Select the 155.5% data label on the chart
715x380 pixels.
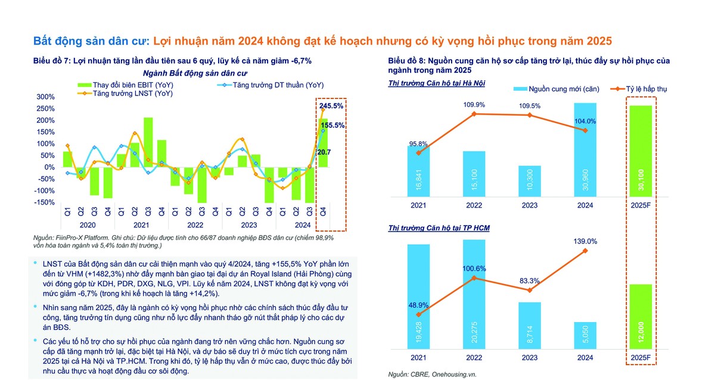click(x=333, y=125)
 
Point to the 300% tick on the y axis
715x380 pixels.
click(x=46, y=97)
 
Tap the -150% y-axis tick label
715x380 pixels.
click(x=45, y=202)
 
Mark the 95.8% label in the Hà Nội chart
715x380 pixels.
click(x=419, y=143)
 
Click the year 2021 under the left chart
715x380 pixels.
click(x=141, y=225)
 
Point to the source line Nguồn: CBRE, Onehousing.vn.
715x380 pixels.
click(x=433, y=375)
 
